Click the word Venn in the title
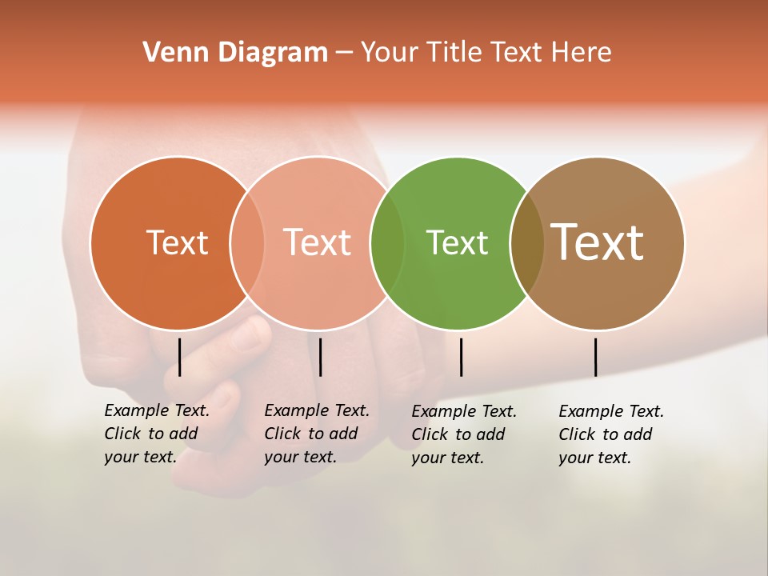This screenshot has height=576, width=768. [x=170, y=52]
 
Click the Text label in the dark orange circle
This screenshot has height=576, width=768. [x=177, y=242]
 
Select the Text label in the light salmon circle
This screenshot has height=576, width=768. [x=318, y=242]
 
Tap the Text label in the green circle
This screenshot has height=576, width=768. [x=457, y=242]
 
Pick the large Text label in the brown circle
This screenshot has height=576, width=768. [x=597, y=242]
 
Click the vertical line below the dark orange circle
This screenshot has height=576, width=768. [x=180, y=357]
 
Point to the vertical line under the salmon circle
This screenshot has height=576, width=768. [x=320, y=357]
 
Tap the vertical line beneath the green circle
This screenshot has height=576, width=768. [x=461, y=357]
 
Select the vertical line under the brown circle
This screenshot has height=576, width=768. [x=595, y=357]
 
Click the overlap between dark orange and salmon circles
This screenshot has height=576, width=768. [x=247, y=243]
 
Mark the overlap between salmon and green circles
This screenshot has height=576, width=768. [x=387, y=243]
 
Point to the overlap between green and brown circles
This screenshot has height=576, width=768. [x=526, y=243]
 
